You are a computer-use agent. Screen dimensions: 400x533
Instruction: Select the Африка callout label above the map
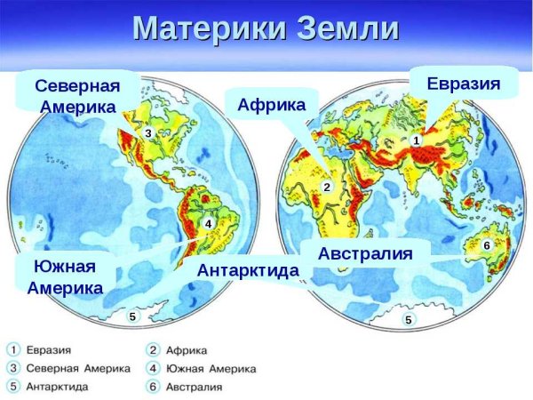coord(271,105)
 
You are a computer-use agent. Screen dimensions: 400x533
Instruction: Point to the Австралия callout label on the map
coord(365,253)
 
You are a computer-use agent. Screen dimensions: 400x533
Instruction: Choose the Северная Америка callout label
coord(77,96)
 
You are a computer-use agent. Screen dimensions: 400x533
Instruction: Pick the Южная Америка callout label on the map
coord(65,276)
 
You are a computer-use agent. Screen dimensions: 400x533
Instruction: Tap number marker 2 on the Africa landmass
coord(326,188)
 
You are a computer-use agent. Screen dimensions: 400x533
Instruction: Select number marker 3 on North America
coord(148,132)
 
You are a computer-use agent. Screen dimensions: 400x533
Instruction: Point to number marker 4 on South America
coord(208,224)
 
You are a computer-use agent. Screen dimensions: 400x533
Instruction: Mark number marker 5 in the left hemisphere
coord(132,316)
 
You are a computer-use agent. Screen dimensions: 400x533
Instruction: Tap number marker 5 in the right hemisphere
coord(408,320)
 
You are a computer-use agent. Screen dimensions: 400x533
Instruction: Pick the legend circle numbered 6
coord(153,388)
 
